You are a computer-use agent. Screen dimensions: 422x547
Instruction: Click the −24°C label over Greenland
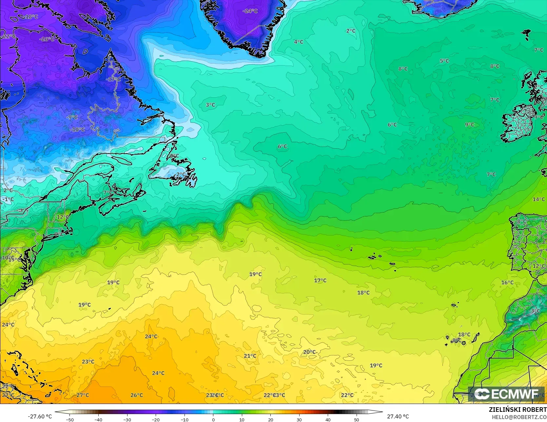tap(250, 11)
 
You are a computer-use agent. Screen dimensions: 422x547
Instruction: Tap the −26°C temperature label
tap(47, 39)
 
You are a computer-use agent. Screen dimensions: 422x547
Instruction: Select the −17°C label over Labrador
tap(113, 79)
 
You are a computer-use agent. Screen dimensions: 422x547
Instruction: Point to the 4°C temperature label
tap(298, 42)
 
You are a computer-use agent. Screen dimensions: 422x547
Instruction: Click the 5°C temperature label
tap(444, 61)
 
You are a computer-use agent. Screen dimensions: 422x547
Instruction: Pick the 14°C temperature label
tap(538, 199)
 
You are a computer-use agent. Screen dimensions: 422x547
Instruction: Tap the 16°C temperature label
tap(507, 282)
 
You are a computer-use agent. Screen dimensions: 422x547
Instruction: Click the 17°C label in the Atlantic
tap(320, 280)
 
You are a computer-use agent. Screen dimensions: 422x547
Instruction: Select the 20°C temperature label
tap(309, 352)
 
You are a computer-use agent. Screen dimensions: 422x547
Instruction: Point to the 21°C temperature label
tap(250, 356)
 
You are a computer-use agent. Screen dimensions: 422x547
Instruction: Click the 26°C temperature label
tap(136, 395)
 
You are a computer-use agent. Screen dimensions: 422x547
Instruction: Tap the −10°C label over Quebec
tap(77, 130)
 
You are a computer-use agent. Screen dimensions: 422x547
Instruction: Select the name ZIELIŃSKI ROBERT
tap(518, 410)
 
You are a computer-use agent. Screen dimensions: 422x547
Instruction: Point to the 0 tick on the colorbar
tap(213, 419)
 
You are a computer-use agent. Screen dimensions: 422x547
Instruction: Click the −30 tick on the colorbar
tap(127, 419)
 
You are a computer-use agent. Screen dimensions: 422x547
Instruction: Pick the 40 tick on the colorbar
tap(328, 419)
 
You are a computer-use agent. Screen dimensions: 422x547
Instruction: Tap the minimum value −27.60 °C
tap(40, 416)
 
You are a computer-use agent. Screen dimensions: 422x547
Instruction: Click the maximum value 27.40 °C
tap(398, 416)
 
